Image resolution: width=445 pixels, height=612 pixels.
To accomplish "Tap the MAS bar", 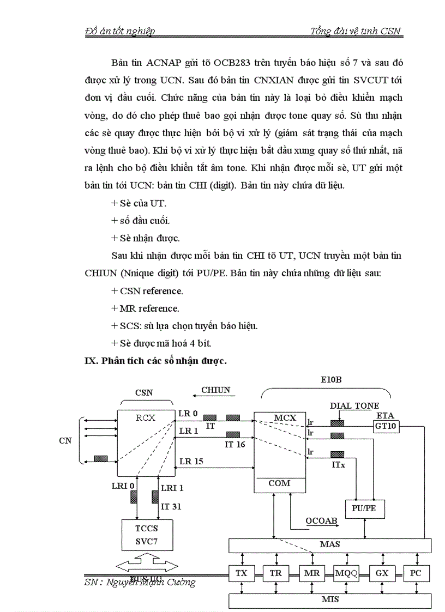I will tap(330, 545).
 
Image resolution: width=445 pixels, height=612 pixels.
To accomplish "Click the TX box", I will tap(241, 573).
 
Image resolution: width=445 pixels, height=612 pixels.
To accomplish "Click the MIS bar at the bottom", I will tap(330, 600).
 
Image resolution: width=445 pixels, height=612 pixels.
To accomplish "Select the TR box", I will tap(276, 573).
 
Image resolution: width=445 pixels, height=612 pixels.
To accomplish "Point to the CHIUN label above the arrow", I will tap(215, 390).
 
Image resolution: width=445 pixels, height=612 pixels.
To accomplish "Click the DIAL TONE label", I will tap(354, 406).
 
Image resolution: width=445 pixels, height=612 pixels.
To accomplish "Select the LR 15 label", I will tap(191, 461).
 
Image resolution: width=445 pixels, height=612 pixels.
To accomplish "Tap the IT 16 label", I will tap(235, 444).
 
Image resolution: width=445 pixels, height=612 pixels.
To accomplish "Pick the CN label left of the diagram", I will tap(65, 440).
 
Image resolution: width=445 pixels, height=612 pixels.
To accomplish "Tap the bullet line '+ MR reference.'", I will tap(145, 308).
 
